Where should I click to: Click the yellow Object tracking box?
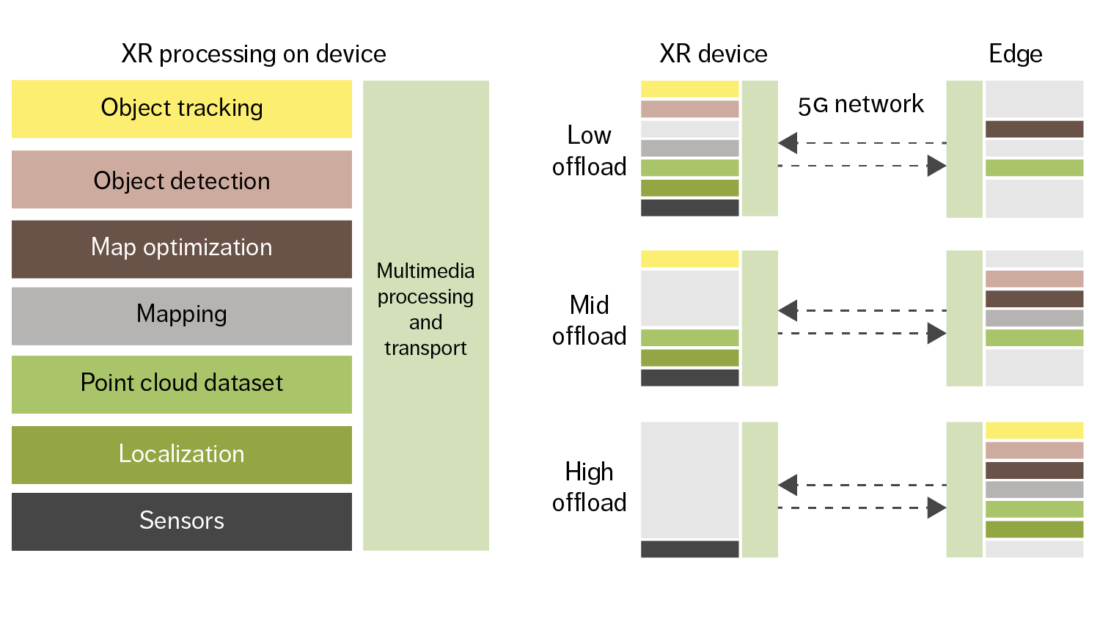[x=181, y=109]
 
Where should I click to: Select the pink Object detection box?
[x=181, y=180]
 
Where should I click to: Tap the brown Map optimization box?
[x=181, y=249]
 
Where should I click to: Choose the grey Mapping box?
[x=181, y=315]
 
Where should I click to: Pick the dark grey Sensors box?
[x=181, y=521]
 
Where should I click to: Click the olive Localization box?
[x=181, y=455]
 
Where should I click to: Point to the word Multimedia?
[x=425, y=271]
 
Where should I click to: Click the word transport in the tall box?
[x=425, y=348]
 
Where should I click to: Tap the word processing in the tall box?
[x=425, y=297]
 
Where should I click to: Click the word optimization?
[x=208, y=248]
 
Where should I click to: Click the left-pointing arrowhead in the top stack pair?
[x=788, y=143]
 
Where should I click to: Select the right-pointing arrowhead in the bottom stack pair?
[x=936, y=508]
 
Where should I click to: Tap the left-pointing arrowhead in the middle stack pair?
[x=788, y=311]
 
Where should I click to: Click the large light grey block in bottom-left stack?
[x=689, y=480]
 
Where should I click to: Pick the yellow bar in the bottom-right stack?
[x=1034, y=431]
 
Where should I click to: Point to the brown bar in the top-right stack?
[x=1034, y=129]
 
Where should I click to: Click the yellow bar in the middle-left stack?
[x=689, y=259]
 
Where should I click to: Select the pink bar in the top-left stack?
[x=689, y=109]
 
